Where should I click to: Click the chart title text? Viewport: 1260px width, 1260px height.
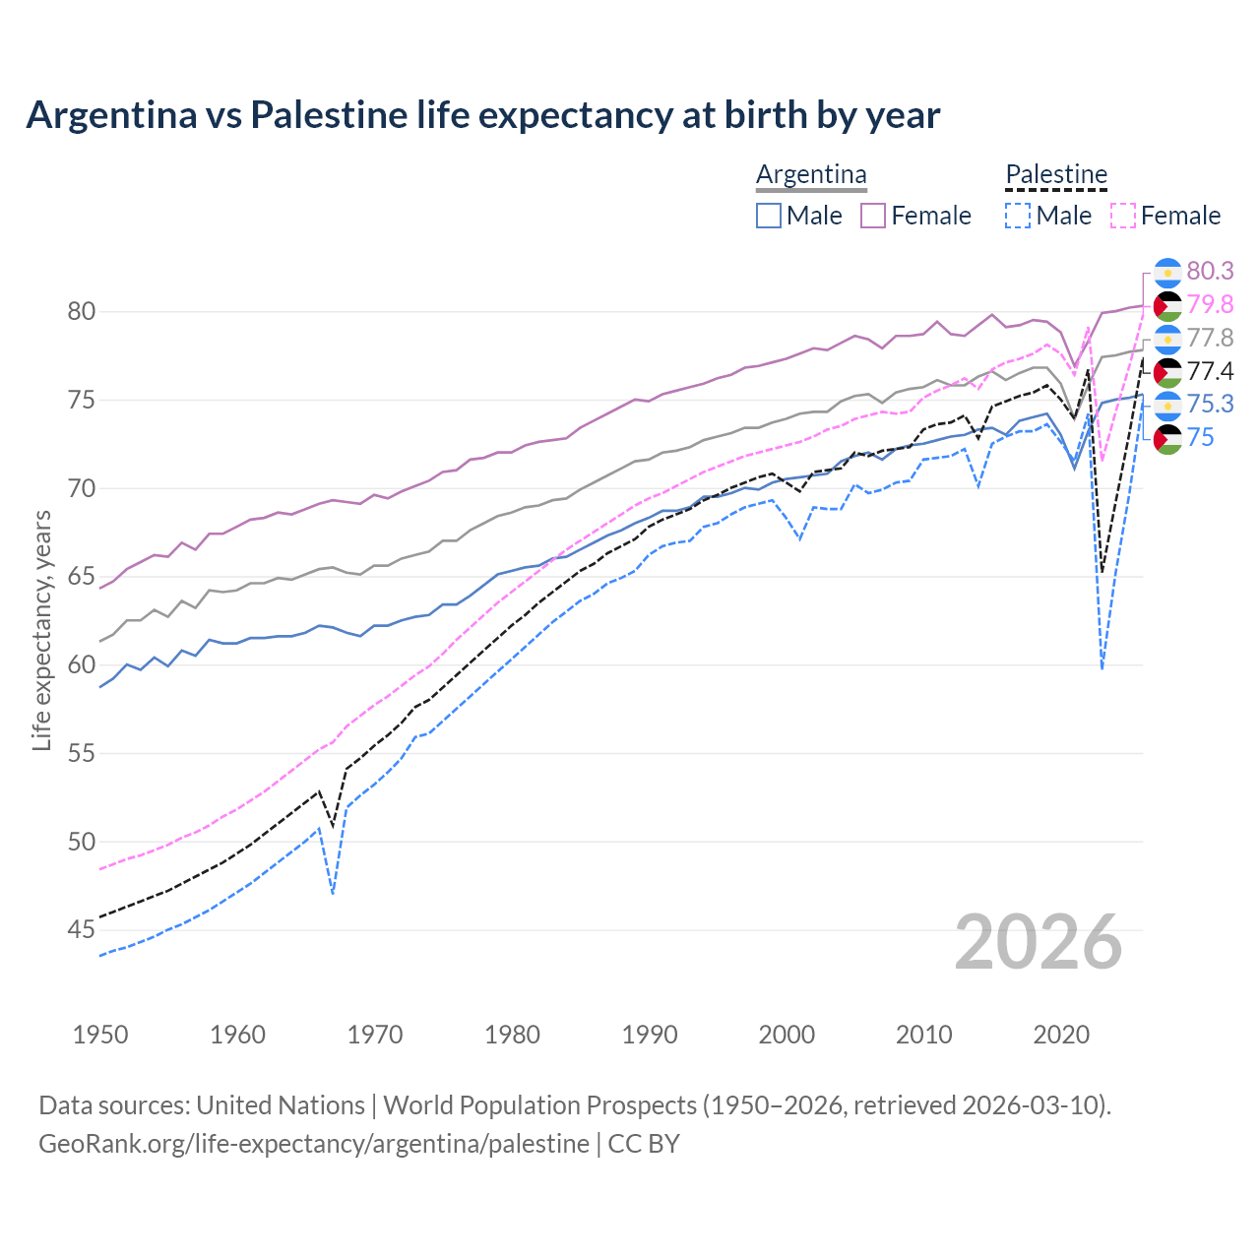[482, 115]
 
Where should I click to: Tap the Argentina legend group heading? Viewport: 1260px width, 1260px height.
[811, 174]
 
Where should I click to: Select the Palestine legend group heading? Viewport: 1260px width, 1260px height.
[1056, 174]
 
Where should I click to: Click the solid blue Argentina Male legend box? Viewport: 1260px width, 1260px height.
[769, 216]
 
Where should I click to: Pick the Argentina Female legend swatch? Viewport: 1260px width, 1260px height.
[873, 216]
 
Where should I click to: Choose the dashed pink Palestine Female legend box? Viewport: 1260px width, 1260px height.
[1123, 216]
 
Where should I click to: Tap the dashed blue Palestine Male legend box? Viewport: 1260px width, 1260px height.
[1018, 216]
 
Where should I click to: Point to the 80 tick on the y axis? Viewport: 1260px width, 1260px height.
[82, 312]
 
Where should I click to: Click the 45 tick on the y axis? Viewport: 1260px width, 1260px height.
[82, 929]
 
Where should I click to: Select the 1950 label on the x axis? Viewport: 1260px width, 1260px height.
[100, 1035]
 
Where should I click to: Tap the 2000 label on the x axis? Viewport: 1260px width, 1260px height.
[787, 1035]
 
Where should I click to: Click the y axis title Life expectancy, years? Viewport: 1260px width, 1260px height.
[41, 630]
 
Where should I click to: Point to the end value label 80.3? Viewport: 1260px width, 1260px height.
[1210, 271]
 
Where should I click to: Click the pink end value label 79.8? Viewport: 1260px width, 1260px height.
[1210, 304]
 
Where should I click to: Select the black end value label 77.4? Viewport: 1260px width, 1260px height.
[1210, 371]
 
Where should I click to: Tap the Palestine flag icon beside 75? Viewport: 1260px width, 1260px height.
[1167, 438]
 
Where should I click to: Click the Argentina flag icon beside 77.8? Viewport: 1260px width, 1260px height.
[1167, 338]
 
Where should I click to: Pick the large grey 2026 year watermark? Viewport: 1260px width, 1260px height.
[1039, 942]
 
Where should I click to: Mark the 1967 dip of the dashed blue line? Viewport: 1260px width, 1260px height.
[333, 893]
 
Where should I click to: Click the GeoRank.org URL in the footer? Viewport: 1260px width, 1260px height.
[313, 1144]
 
